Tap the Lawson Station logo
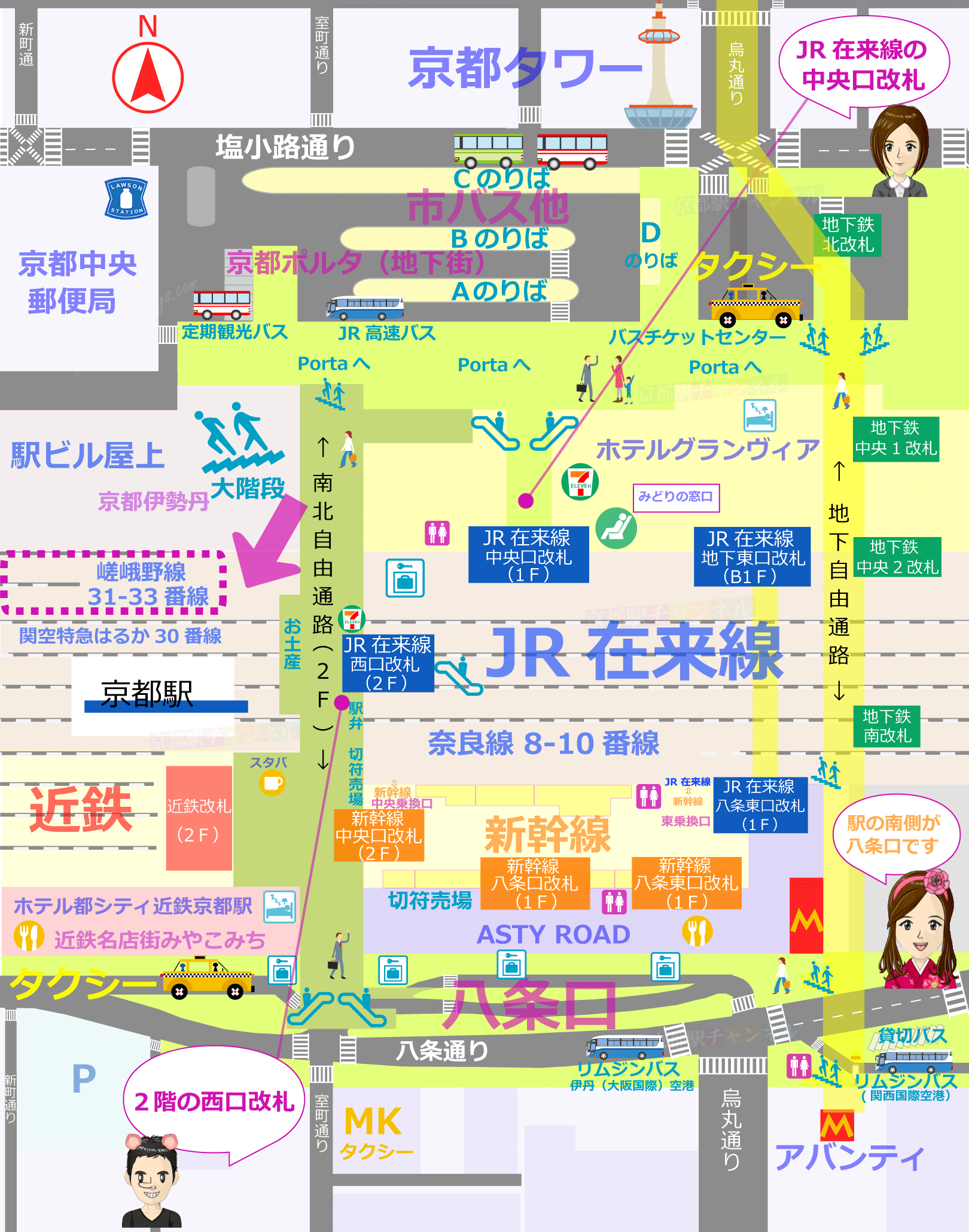(x=126, y=198)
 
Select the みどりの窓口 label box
(x=676, y=497)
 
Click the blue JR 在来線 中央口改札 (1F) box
(x=528, y=554)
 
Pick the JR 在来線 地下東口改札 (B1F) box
(x=752, y=556)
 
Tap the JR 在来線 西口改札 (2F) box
(x=388, y=663)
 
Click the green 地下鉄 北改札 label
(x=848, y=234)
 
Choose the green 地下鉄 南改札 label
(x=886, y=726)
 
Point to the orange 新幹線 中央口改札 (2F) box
(x=379, y=835)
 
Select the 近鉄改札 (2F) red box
(x=199, y=818)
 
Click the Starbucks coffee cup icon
(x=272, y=783)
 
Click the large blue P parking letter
(x=84, y=1079)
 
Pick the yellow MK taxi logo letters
(x=373, y=1121)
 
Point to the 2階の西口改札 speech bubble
(x=214, y=1100)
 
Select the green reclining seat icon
(x=615, y=528)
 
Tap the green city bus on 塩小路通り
(x=488, y=150)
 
